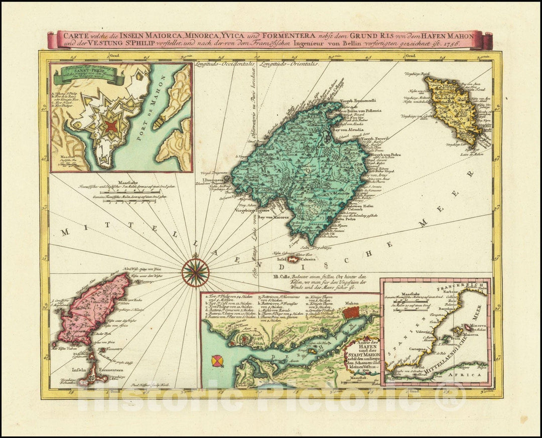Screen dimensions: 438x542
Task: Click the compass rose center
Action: (195, 271)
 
